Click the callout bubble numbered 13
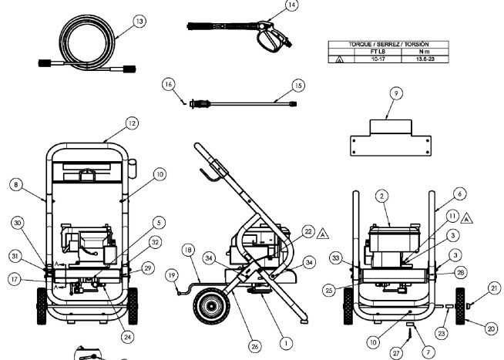tap(139, 22)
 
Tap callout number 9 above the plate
tap(395, 93)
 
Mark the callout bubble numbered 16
tap(169, 82)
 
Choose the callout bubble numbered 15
tap(299, 86)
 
